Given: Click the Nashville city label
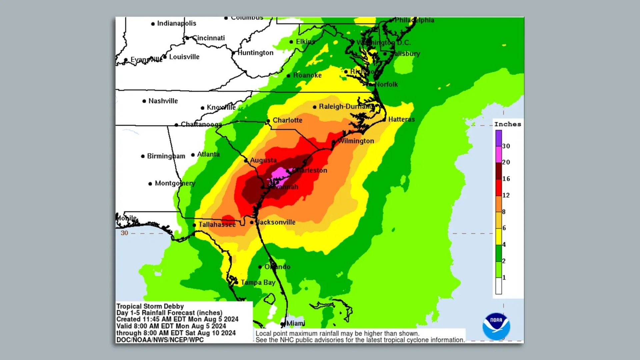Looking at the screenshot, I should [x=163, y=101].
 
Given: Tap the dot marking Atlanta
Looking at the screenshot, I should [x=193, y=155].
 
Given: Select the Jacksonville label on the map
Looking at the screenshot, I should [x=276, y=222].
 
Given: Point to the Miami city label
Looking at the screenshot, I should [x=296, y=323].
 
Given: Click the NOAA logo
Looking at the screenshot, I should [x=496, y=326].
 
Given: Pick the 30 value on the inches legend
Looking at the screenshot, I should [x=506, y=146].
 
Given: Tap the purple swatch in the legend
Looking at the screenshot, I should [x=498, y=138].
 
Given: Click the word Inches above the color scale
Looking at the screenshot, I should [x=507, y=124].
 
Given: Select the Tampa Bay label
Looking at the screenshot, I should [x=258, y=283].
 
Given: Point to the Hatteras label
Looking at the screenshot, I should [x=401, y=119].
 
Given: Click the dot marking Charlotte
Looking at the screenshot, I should [x=268, y=121].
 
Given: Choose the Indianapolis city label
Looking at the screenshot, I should [x=176, y=23].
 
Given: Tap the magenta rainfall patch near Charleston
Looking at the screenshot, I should [x=279, y=174].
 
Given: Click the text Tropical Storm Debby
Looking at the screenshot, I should [x=150, y=306].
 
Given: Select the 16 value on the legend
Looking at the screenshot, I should [x=506, y=179].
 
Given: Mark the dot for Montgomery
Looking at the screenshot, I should [x=150, y=184].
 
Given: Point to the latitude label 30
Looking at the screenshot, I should [x=124, y=233].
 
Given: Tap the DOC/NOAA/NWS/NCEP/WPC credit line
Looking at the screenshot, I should [x=160, y=340].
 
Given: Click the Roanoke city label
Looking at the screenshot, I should [x=307, y=75].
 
